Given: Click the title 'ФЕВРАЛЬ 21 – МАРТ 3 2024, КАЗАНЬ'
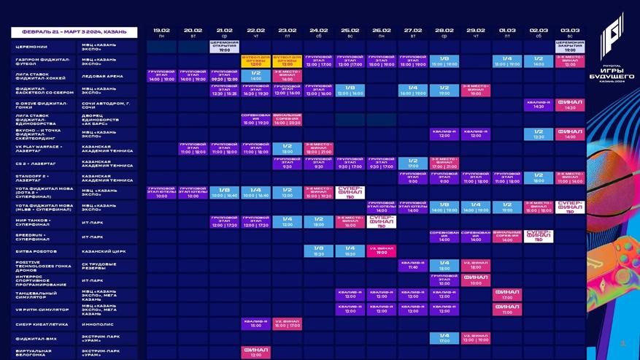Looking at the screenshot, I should pyautogui.click(x=74, y=32).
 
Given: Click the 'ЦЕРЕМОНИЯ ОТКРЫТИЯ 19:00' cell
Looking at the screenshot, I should pyautogui.click(x=225, y=47).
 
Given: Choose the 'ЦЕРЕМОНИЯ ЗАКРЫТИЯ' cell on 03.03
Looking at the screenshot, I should pyautogui.click(x=570, y=47).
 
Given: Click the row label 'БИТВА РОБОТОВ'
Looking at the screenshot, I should pyautogui.click(x=36, y=250).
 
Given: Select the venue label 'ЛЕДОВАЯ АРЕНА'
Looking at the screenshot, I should pyautogui.click(x=102, y=76).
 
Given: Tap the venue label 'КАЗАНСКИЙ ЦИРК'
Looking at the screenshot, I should pyautogui.click(x=102, y=250).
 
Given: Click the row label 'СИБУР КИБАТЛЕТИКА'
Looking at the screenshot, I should pyautogui.click(x=41, y=323).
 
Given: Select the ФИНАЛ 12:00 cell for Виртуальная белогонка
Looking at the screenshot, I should pyautogui.click(x=256, y=353).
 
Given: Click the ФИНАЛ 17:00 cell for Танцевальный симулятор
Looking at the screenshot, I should pyautogui.click(x=507, y=294).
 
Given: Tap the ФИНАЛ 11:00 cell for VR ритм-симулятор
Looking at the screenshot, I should pyautogui.click(x=507, y=309).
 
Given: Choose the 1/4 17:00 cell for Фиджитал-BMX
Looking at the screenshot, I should pyautogui.click(x=444, y=338).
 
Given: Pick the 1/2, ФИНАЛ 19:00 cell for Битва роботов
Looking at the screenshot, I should pyautogui.click(x=382, y=250).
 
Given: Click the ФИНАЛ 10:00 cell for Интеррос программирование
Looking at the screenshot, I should pyautogui.click(x=476, y=280).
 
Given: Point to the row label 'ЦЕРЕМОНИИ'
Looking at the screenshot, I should pyautogui.click(x=32, y=47).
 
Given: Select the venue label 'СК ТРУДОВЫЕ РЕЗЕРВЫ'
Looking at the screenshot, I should pyautogui.click(x=98, y=265).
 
